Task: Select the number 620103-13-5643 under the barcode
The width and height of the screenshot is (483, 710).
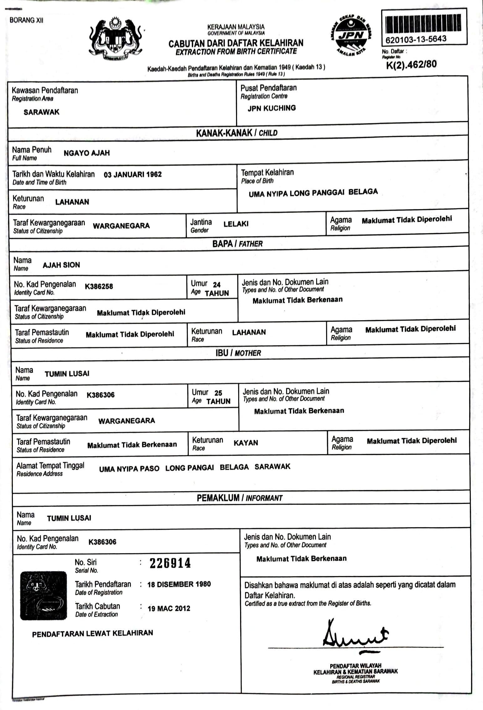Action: [416, 40]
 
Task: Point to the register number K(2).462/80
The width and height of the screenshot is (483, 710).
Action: [411, 64]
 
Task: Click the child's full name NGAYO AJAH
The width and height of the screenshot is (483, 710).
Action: [86, 153]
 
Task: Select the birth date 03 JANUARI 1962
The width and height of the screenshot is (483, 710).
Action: [132, 175]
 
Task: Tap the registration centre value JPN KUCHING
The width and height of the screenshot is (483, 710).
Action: [271, 108]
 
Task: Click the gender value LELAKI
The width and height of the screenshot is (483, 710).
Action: [236, 224]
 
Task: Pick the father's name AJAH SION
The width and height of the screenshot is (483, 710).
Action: [61, 265]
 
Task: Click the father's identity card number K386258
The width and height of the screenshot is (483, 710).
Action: [99, 286]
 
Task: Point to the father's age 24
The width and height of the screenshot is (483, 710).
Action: [217, 285]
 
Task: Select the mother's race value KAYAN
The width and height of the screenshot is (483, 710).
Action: [246, 443]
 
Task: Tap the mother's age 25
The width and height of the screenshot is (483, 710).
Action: [218, 393]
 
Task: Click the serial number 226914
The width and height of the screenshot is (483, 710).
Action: [170, 563]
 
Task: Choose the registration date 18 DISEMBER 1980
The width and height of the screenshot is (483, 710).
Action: [179, 584]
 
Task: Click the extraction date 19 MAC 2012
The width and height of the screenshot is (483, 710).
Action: [169, 608]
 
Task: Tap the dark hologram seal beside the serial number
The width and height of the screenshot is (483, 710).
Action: [44, 596]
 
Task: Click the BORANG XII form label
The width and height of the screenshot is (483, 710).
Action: [26, 20]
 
